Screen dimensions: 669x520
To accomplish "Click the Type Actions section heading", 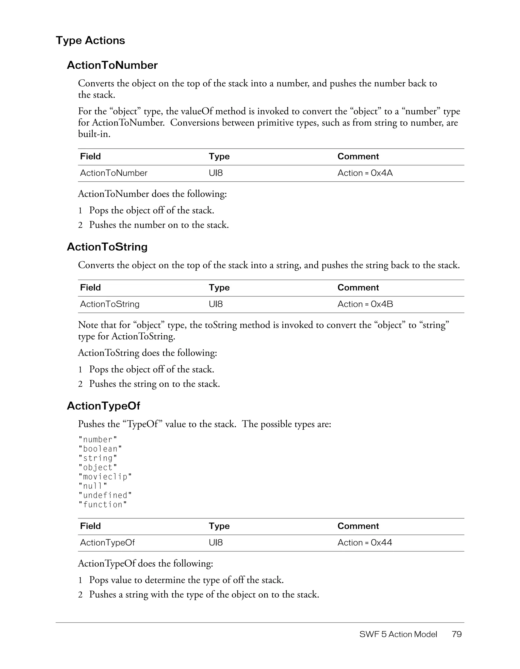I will (x=90, y=40).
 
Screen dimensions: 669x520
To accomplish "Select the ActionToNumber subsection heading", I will (x=112, y=65).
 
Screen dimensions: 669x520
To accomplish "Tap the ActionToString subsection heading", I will (x=107, y=247).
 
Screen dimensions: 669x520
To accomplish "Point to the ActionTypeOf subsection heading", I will (x=103, y=406).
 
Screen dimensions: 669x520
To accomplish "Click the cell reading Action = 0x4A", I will (x=365, y=173).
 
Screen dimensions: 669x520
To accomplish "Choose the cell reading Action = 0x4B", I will (x=365, y=304).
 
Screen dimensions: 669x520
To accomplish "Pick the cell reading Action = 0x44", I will (x=365, y=543).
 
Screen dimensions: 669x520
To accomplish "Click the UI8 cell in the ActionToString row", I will (x=216, y=304).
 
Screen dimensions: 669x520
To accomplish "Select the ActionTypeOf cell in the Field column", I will (x=107, y=543).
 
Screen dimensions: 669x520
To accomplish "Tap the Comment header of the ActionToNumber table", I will (x=358, y=157).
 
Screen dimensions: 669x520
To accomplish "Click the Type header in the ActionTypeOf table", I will (x=219, y=526).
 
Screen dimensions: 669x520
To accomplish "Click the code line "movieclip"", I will (x=105, y=477).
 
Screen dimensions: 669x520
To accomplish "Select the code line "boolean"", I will (x=100, y=449).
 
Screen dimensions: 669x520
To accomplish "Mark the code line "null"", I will (x=93, y=486).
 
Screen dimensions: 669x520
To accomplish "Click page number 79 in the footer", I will (x=457, y=634).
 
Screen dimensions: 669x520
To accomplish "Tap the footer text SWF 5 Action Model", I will (x=398, y=634).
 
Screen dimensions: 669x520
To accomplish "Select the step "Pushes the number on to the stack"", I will (x=159, y=225).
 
